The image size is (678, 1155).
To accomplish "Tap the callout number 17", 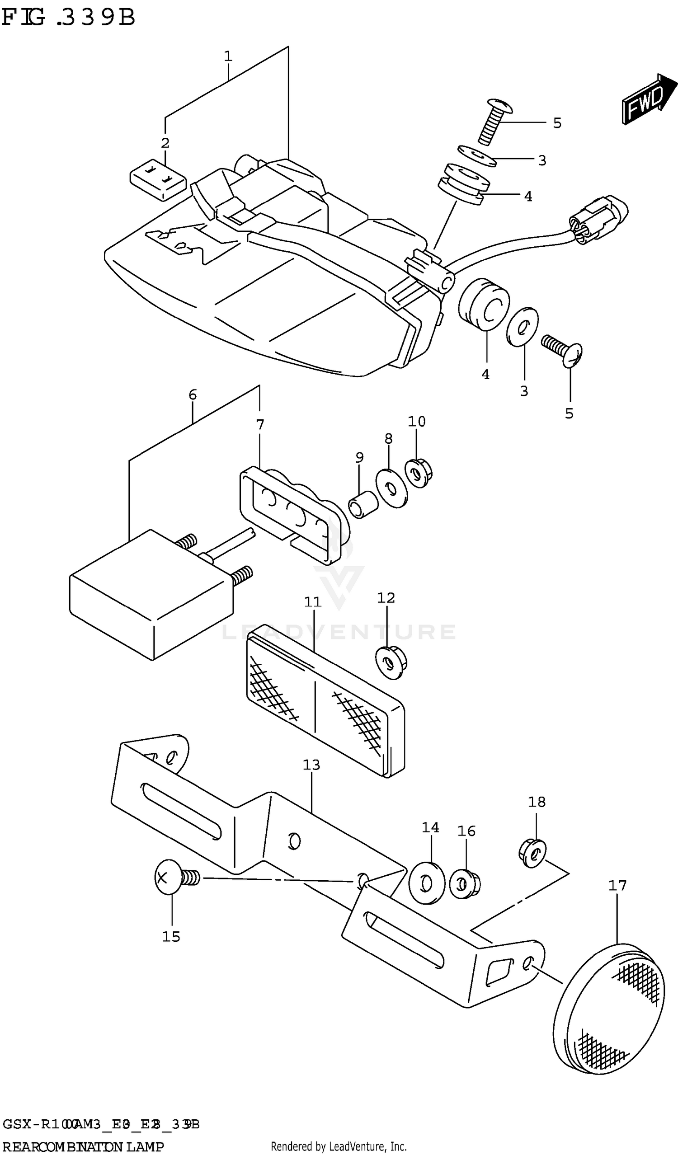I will [x=617, y=886].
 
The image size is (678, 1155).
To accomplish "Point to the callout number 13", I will [x=311, y=765].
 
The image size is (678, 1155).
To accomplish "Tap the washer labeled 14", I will [x=426, y=883].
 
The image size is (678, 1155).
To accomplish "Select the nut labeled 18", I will [x=532, y=853].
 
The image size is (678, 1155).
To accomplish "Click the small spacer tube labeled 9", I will [x=363, y=504].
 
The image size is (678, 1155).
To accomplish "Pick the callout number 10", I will [x=416, y=422].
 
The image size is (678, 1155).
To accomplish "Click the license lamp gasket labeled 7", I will [x=293, y=513].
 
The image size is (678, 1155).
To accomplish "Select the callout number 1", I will [x=228, y=56].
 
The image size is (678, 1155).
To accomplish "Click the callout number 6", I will [x=193, y=394].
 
